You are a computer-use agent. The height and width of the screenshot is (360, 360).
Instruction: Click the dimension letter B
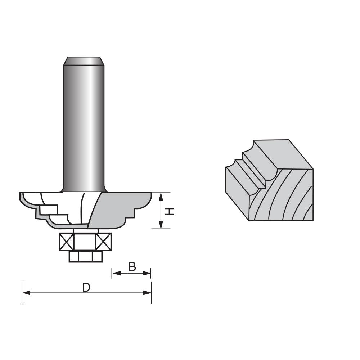coord(132,267)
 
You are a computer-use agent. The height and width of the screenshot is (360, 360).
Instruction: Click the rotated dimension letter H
coord(170,211)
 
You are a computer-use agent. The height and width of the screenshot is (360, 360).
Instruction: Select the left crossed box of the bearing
coord(66,242)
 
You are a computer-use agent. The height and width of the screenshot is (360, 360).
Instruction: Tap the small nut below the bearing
coord(85,256)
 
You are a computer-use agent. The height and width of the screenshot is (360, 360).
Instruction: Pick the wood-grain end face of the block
coord(284,196)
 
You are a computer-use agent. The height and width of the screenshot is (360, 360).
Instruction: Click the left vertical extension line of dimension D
coord(23,292)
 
